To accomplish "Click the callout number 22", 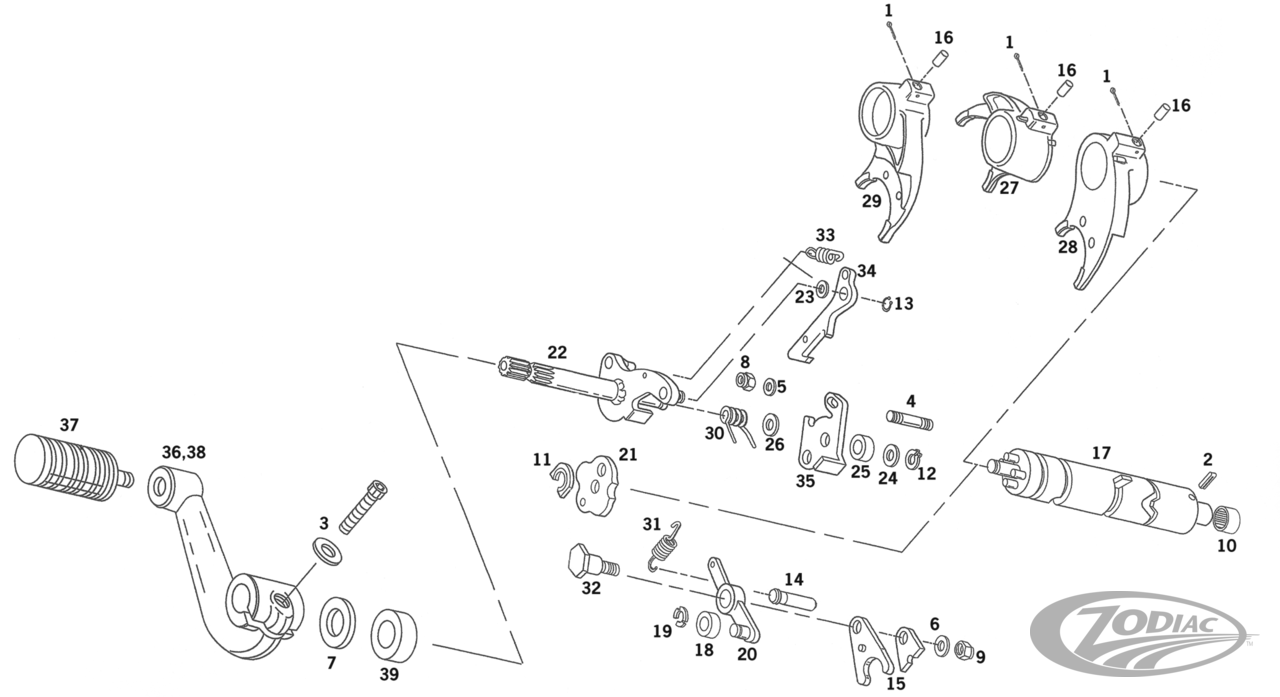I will pyautogui.click(x=557, y=352).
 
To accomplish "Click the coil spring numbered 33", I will pyautogui.click(x=823, y=255).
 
